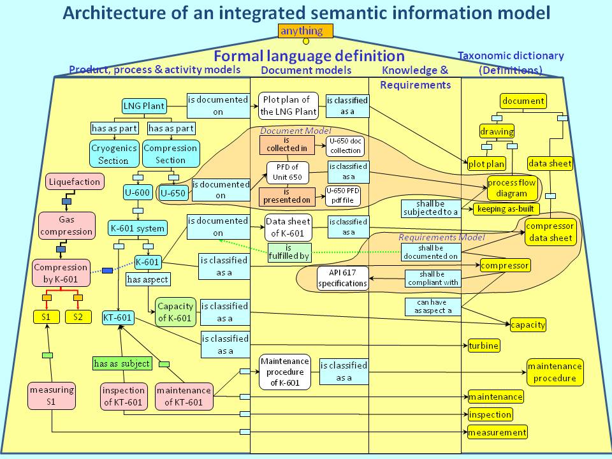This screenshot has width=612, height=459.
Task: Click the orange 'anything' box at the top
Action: (305, 31)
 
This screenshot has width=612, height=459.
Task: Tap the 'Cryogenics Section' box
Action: (113, 154)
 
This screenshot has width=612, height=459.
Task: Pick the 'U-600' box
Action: (137, 192)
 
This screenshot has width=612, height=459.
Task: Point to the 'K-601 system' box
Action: (137, 228)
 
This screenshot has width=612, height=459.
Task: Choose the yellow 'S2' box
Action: (78, 316)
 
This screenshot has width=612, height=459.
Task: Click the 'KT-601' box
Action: (118, 317)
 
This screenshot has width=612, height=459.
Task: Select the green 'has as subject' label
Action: (122, 363)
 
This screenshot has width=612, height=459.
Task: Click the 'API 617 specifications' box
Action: (343, 278)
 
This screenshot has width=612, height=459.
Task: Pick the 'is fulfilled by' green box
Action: (289, 252)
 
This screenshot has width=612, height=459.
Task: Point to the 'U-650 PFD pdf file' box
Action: (343, 195)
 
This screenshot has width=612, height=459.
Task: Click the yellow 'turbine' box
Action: (483, 346)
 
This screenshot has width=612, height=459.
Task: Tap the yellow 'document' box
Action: (523, 101)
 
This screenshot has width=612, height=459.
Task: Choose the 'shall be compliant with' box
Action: (431, 278)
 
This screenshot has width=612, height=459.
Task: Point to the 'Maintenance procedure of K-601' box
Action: (284, 372)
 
